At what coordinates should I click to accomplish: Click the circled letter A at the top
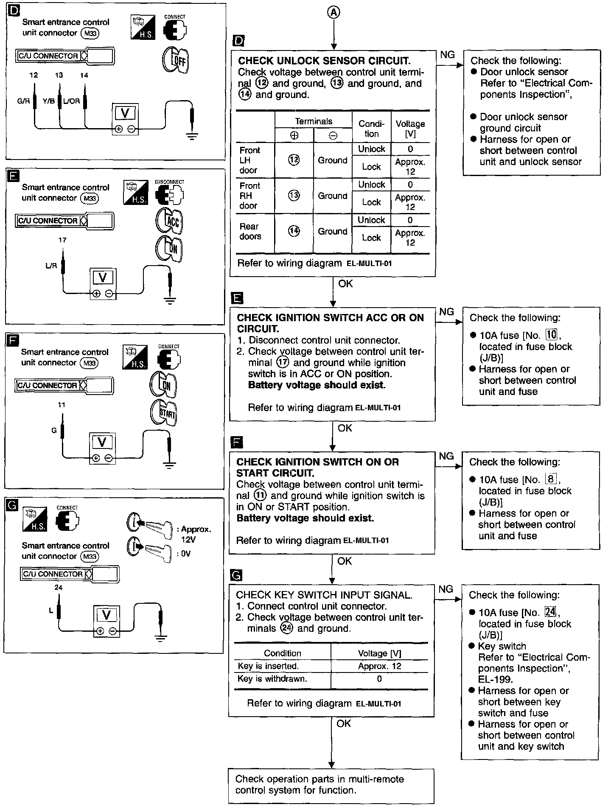[x=334, y=13]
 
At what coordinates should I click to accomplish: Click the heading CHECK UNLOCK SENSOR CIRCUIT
[x=324, y=61]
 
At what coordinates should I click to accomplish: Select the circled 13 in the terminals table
[x=294, y=196]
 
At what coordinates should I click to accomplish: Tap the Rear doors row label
[x=250, y=231]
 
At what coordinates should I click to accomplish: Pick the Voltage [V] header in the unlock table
[x=410, y=129]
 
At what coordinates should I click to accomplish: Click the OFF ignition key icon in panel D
[x=175, y=59]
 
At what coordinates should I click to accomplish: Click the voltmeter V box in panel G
[x=107, y=615]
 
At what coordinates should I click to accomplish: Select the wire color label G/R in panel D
[x=23, y=101]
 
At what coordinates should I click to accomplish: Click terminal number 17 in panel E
[x=62, y=240]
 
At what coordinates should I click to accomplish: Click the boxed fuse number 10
[x=551, y=335]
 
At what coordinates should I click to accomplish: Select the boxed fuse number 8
[x=551, y=479]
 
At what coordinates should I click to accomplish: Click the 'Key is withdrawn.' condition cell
[x=272, y=678]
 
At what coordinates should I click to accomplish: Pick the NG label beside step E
[x=446, y=312]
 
